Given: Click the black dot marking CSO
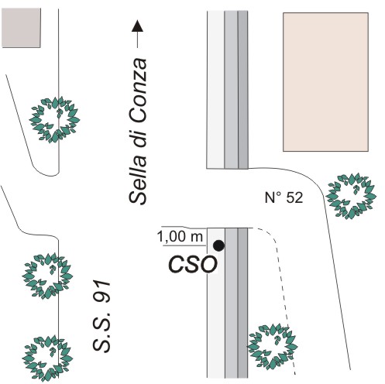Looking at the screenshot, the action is point(218,245).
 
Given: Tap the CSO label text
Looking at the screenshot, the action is point(192,265).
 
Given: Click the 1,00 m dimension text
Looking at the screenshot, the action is point(180,237).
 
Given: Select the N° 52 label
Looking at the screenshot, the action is point(284,197).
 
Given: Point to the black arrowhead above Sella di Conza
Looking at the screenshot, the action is point(137,26).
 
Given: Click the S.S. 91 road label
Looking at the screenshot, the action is point(101,317).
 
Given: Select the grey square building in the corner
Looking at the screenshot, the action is point(21,28).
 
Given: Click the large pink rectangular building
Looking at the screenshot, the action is point(325,82).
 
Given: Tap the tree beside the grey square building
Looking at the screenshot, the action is point(54,120).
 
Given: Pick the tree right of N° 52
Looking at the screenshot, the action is point(351,196).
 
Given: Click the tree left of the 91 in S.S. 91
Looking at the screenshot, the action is point(47,276).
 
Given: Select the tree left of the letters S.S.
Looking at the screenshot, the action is point(47,358).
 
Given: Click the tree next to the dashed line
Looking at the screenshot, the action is point(273,347).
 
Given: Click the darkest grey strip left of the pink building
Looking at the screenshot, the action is point(242,90).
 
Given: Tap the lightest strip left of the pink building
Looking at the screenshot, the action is point(216,90).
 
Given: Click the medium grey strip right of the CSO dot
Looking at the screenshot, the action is point(231,303).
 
